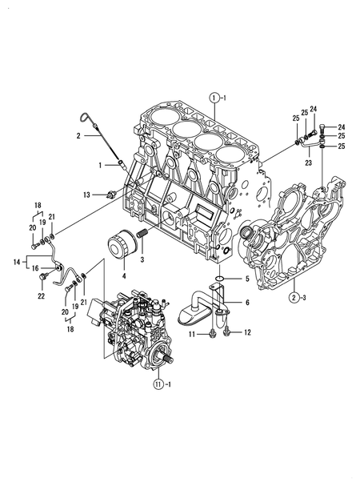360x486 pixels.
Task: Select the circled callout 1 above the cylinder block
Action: [214, 98]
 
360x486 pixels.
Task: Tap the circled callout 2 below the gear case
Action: [294, 298]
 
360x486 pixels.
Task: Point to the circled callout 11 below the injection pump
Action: [158, 384]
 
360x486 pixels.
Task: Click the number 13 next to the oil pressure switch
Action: [86, 195]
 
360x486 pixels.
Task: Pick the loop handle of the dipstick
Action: [85, 118]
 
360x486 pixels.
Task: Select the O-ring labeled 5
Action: [220, 278]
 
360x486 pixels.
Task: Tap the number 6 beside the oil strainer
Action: [247, 302]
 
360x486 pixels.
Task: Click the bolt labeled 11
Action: [212, 334]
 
